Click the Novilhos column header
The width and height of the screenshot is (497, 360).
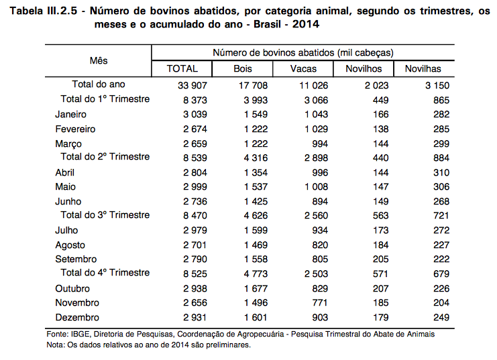[x=364, y=69]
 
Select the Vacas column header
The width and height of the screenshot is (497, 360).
[x=303, y=69]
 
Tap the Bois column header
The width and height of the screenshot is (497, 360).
[x=243, y=69]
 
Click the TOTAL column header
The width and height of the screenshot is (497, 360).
[x=182, y=69]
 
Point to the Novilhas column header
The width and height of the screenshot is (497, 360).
[x=423, y=69]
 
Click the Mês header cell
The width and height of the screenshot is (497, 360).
[x=99, y=60]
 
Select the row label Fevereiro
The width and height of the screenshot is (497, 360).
[x=75, y=129]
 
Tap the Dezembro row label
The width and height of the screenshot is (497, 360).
[x=77, y=317]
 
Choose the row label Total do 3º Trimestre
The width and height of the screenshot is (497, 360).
[x=105, y=215]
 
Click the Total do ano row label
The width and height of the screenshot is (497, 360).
[x=98, y=84]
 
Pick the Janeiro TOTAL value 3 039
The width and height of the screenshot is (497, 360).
[x=195, y=115]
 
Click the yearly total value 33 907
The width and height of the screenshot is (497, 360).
[x=192, y=86]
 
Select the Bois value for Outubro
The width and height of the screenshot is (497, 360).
[x=256, y=289]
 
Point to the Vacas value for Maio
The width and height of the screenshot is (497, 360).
[x=317, y=186]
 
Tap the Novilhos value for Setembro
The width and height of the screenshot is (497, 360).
[x=381, y=259]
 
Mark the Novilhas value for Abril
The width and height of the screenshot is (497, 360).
[x=441, y=173]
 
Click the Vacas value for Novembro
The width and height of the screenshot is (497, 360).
[x=320, y=302]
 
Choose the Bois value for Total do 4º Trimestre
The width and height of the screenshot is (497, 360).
[x=256, y=274]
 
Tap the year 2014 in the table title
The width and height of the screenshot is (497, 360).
[x=306, y=24]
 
